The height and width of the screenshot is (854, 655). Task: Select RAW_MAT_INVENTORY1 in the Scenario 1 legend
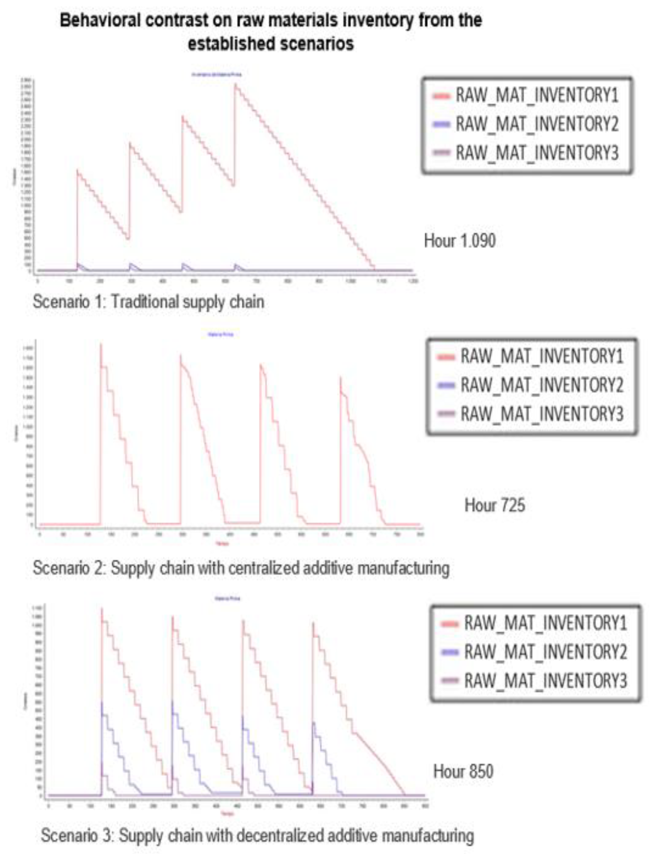coord(537,95)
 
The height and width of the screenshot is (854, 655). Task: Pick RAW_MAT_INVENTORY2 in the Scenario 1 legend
coord(537,124)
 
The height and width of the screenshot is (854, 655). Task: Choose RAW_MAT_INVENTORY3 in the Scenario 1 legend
coord(537,152)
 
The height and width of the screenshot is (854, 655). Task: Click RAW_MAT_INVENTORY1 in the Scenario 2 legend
coord(542,356)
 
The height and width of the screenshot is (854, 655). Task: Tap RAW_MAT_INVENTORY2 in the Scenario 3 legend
coord(545,652)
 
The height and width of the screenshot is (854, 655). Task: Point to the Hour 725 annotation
coord(494,505)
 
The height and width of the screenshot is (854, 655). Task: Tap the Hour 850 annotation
coord(463,771)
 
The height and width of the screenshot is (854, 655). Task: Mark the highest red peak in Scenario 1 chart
coord(235,84)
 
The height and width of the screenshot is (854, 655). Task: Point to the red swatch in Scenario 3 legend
coord(449,624)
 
